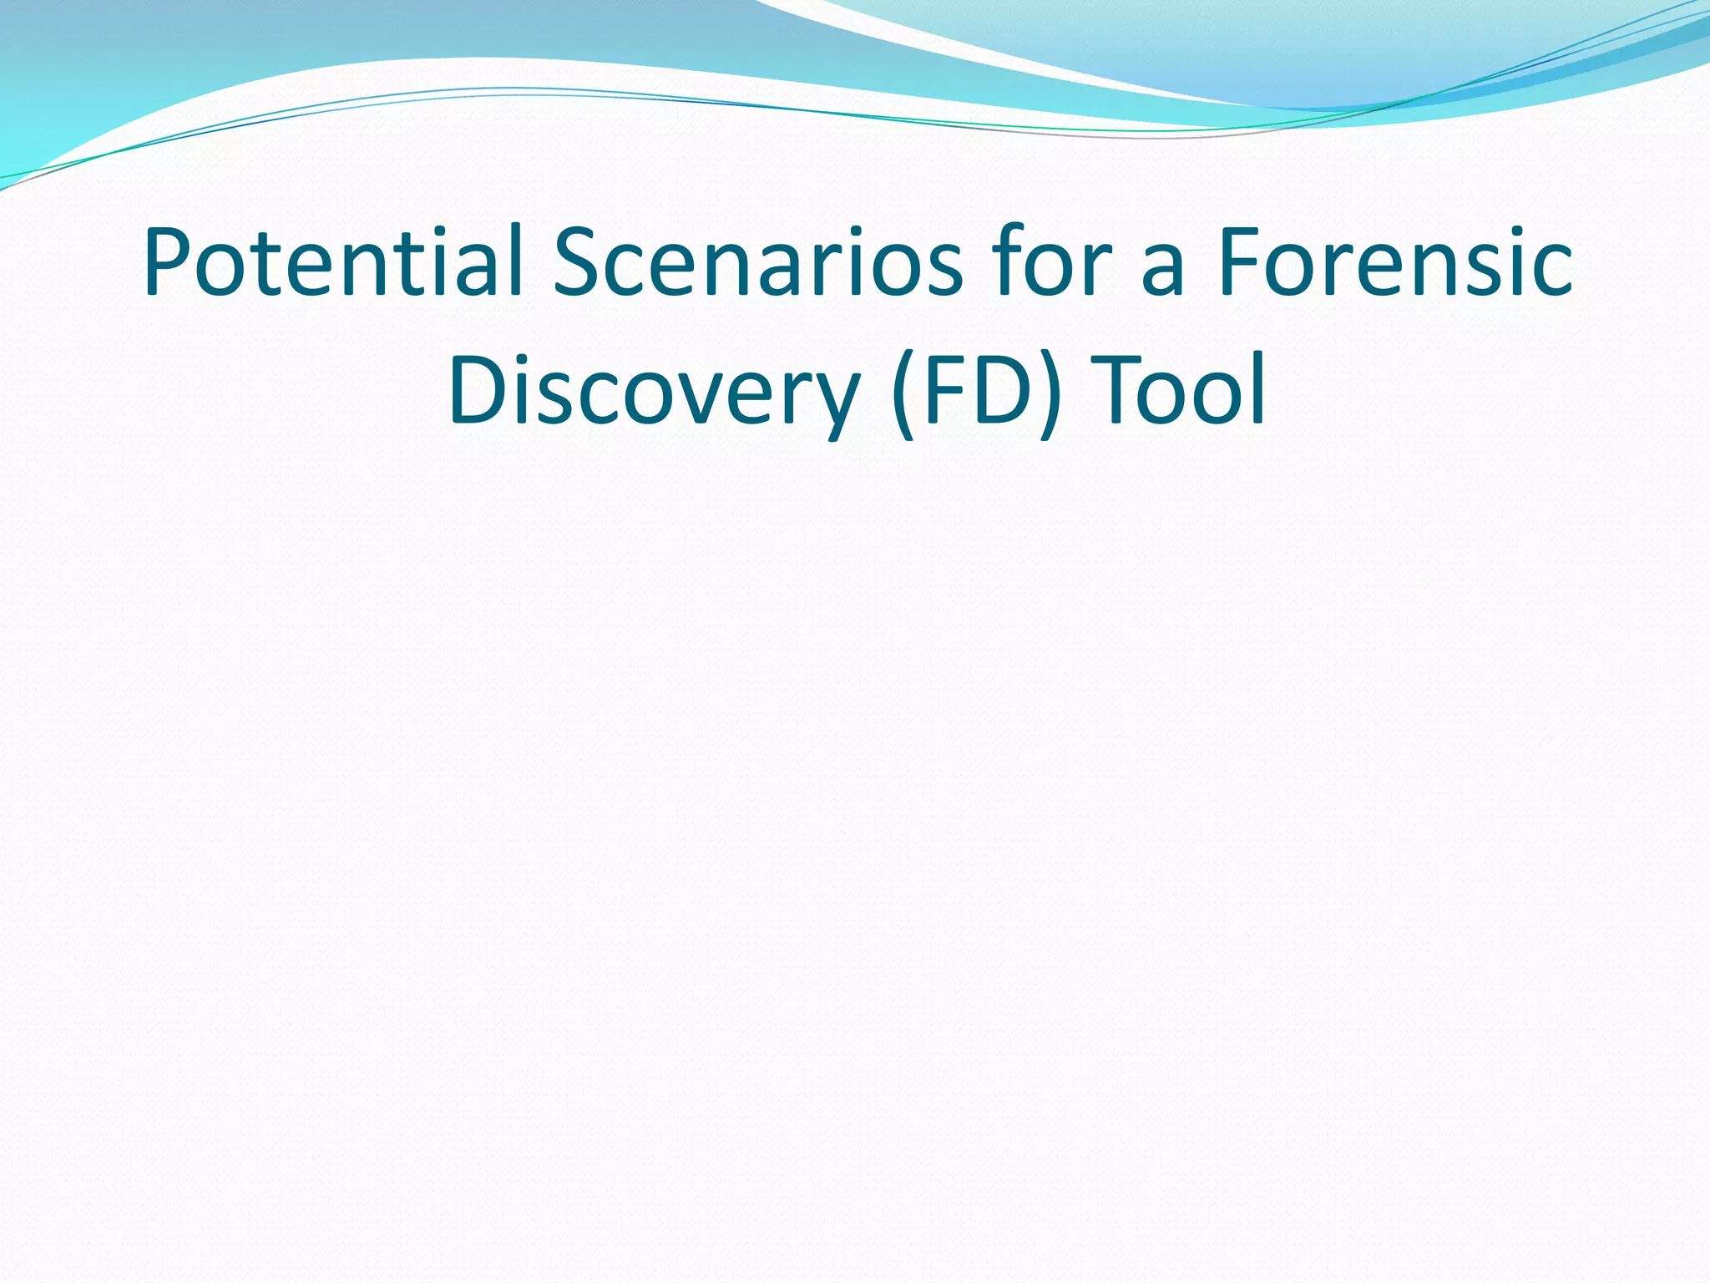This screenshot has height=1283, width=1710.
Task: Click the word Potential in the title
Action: (x=332, y=262)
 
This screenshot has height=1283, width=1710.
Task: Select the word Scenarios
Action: (x=757, y=262)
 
